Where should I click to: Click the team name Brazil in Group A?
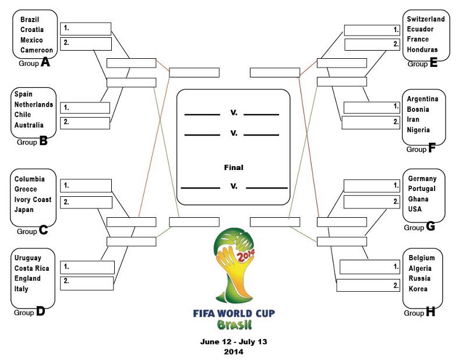[30, 20]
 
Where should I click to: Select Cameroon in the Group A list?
[37, 50]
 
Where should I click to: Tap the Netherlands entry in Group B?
[34, 105]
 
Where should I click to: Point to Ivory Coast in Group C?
[33, 200]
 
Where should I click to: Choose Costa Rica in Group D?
[31, 268]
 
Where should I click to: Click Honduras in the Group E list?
[422, 49]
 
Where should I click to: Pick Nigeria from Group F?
[418, 130]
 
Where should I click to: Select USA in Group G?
[415, 209]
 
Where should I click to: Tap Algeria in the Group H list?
[419, 268]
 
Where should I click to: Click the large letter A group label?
[45, 62]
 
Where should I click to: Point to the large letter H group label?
[430, 312]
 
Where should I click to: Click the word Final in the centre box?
[234, 168]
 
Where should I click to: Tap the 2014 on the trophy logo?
[245, 255]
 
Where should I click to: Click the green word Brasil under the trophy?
[234, 325]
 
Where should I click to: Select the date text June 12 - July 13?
[234, 342]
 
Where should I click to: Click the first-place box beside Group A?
[86, 29]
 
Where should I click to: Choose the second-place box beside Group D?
[87, 284]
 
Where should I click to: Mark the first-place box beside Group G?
[372, 186]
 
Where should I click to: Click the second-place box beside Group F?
[370, 122]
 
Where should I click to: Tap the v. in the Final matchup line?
[234, 186]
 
